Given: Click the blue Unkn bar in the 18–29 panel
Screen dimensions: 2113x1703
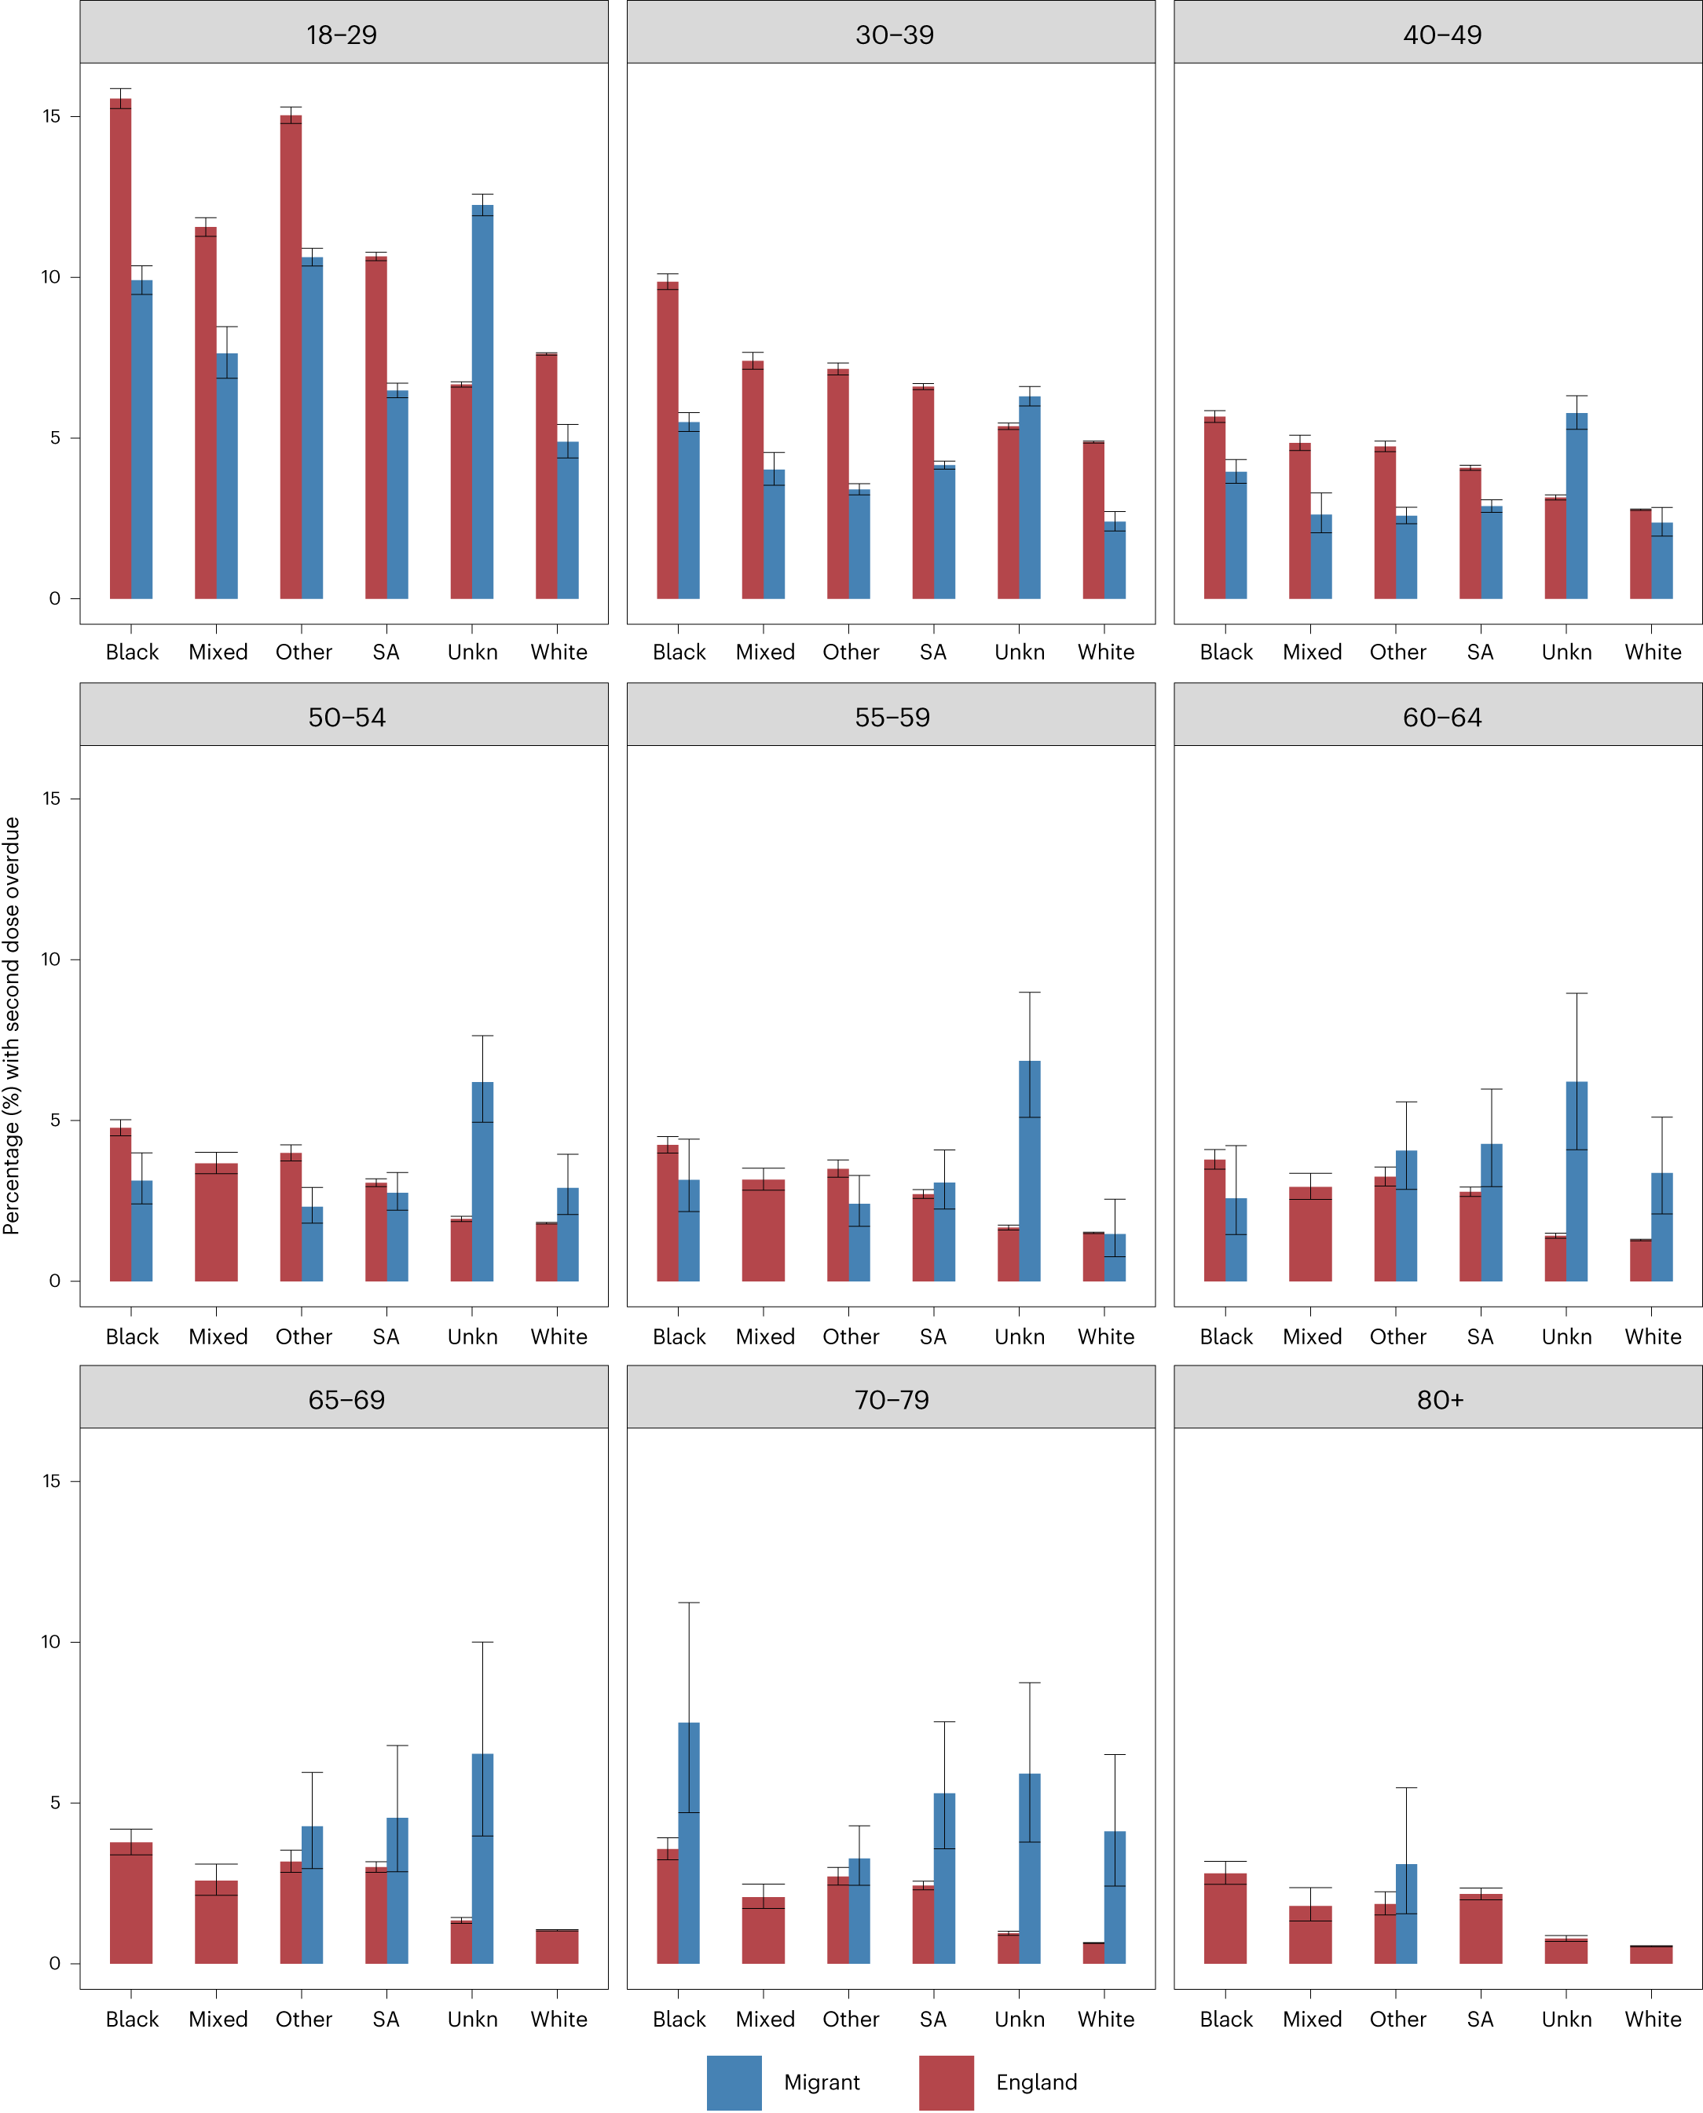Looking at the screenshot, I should (x=482, y=402).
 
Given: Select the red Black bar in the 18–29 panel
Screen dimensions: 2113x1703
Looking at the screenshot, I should (x=121, y=348).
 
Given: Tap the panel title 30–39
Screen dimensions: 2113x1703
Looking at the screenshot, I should (x=894, y=35).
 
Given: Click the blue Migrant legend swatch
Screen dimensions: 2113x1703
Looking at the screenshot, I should (x=734, y=2082).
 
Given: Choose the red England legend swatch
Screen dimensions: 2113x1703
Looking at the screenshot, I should (x=946, y=2082).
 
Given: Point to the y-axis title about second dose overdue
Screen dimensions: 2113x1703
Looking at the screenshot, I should (x=12, y=1025).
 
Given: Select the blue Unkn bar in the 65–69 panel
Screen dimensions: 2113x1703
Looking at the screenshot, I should (x=482, y=1858).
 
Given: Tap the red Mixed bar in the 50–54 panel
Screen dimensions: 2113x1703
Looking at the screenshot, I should (x=216, y=1222).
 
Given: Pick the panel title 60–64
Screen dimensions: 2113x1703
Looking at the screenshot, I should (x=1441, y=718).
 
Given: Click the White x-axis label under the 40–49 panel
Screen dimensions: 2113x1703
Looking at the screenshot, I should (x=1652, y=652).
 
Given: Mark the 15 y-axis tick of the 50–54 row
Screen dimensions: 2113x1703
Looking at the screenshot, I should (x=51, y=798).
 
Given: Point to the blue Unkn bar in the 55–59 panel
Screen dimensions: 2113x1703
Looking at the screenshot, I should (x=1029, y=1171).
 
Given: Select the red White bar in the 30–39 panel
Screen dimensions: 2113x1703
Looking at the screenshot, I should (x=1093, y=520).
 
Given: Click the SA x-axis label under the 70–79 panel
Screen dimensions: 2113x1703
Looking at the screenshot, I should (x=933, y=2019).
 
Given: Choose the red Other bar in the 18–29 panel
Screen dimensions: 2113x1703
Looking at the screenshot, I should (x=291, y=357).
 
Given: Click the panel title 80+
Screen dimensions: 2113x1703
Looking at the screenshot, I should (x=1439, y=1400).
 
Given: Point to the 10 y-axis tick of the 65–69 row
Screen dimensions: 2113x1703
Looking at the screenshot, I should (x=51, y=1641).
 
